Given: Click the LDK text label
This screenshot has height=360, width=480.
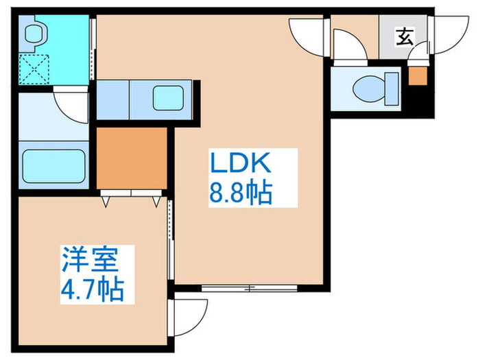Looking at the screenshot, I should [242, 165].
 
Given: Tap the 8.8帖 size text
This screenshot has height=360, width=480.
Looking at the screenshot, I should [241, 193].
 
